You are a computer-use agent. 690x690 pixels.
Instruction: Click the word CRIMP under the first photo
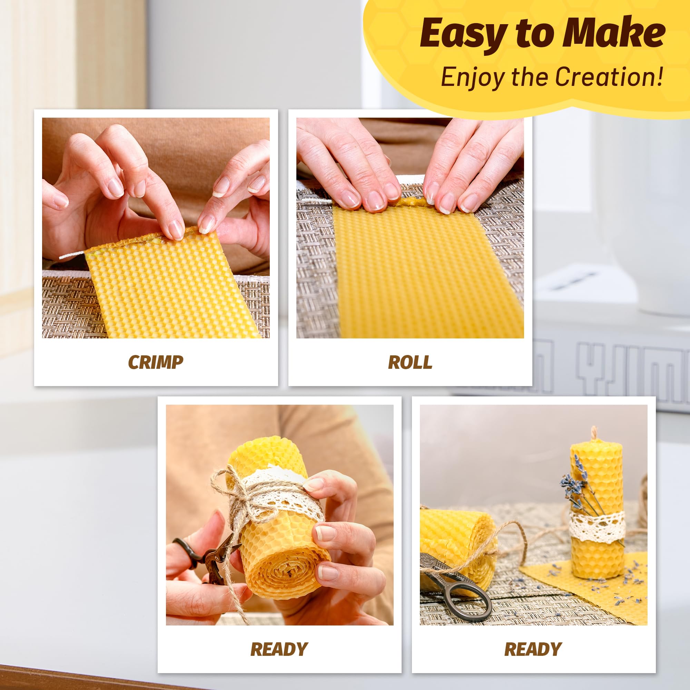tap(155, 363)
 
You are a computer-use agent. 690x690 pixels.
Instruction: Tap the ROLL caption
tap(410, 363)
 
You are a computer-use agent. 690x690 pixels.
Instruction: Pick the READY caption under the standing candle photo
tap(533, 649)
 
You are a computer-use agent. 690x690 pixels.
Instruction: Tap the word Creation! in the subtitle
tap(609, 77)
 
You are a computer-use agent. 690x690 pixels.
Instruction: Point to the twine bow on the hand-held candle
tap(236, 500)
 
